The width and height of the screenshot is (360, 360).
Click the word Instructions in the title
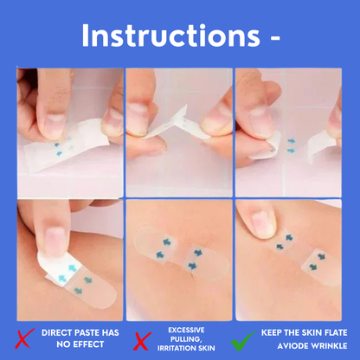point(171,35)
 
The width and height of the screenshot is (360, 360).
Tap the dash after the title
point(275,37)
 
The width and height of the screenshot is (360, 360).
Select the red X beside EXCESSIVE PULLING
point(142,341)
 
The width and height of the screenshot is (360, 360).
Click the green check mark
point(242,341)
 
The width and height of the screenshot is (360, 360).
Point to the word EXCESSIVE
point(186,330)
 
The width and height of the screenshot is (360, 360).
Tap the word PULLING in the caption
point(185,339)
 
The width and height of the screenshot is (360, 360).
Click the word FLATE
point(336,333)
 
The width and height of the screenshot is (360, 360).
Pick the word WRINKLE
point(330,346)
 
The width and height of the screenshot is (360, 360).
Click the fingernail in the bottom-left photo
point(54,238)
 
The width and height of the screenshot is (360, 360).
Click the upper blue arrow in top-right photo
point(292,141)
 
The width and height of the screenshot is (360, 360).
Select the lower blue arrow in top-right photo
point(292,151)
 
